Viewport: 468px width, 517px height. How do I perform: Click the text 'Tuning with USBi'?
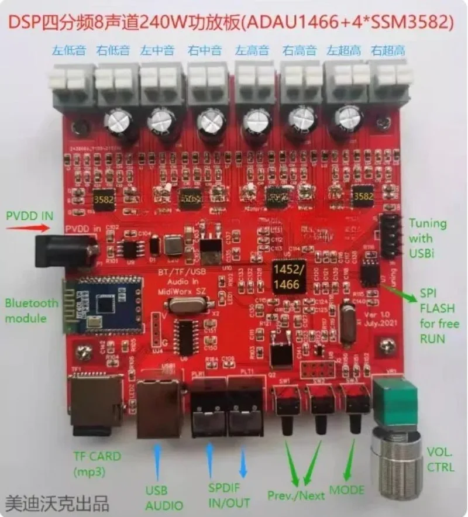click(428, 237)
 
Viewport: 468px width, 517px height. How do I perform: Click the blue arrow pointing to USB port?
click(156, 460)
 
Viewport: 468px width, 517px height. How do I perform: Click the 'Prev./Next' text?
click(296, 495)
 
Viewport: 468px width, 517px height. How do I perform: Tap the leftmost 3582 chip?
click(100, 199)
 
